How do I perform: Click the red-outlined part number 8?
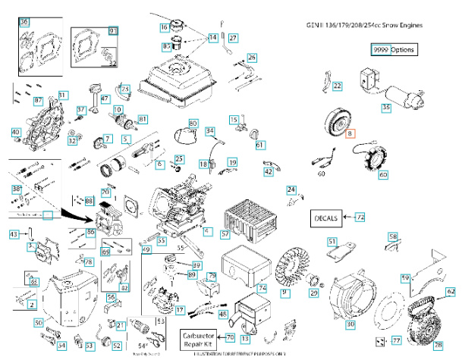tap(350, 133)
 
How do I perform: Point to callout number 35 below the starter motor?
tap(385, 108)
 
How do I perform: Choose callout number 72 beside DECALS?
tap(360, 218)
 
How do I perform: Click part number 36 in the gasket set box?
tap(24, 23)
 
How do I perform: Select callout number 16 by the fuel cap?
tap(165, 27)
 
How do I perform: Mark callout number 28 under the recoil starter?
tap(438, 346)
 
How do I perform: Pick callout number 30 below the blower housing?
tap(350, 324)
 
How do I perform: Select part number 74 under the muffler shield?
tap(262, 289)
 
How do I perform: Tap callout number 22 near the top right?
tap(337, 86)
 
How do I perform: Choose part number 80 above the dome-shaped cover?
tap(193, 123)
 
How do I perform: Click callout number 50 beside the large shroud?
tap(38, 323)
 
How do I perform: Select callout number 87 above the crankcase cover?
tap(39, 101)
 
